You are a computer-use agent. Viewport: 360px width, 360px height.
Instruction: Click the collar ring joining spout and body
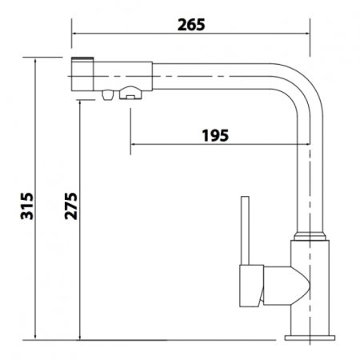pyautogui.click(x=310, y=237)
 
